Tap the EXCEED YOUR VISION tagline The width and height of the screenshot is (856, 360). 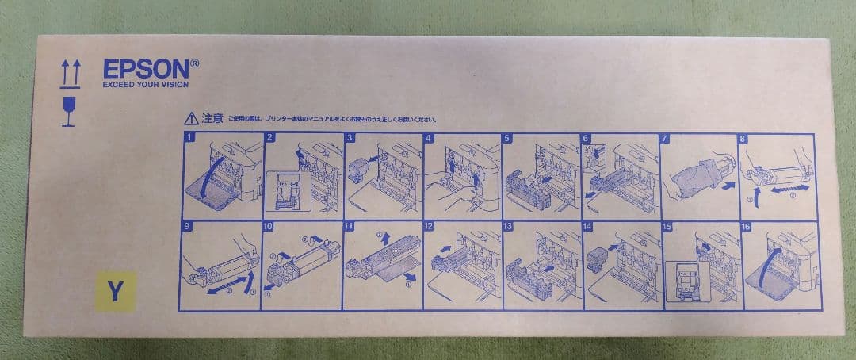coord(145,86)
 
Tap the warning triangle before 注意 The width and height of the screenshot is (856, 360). coord(191,120)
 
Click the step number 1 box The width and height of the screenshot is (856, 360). coord(189,138)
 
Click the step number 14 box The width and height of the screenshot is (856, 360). coord(587,227)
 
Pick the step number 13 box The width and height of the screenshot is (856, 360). coord(509,227)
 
